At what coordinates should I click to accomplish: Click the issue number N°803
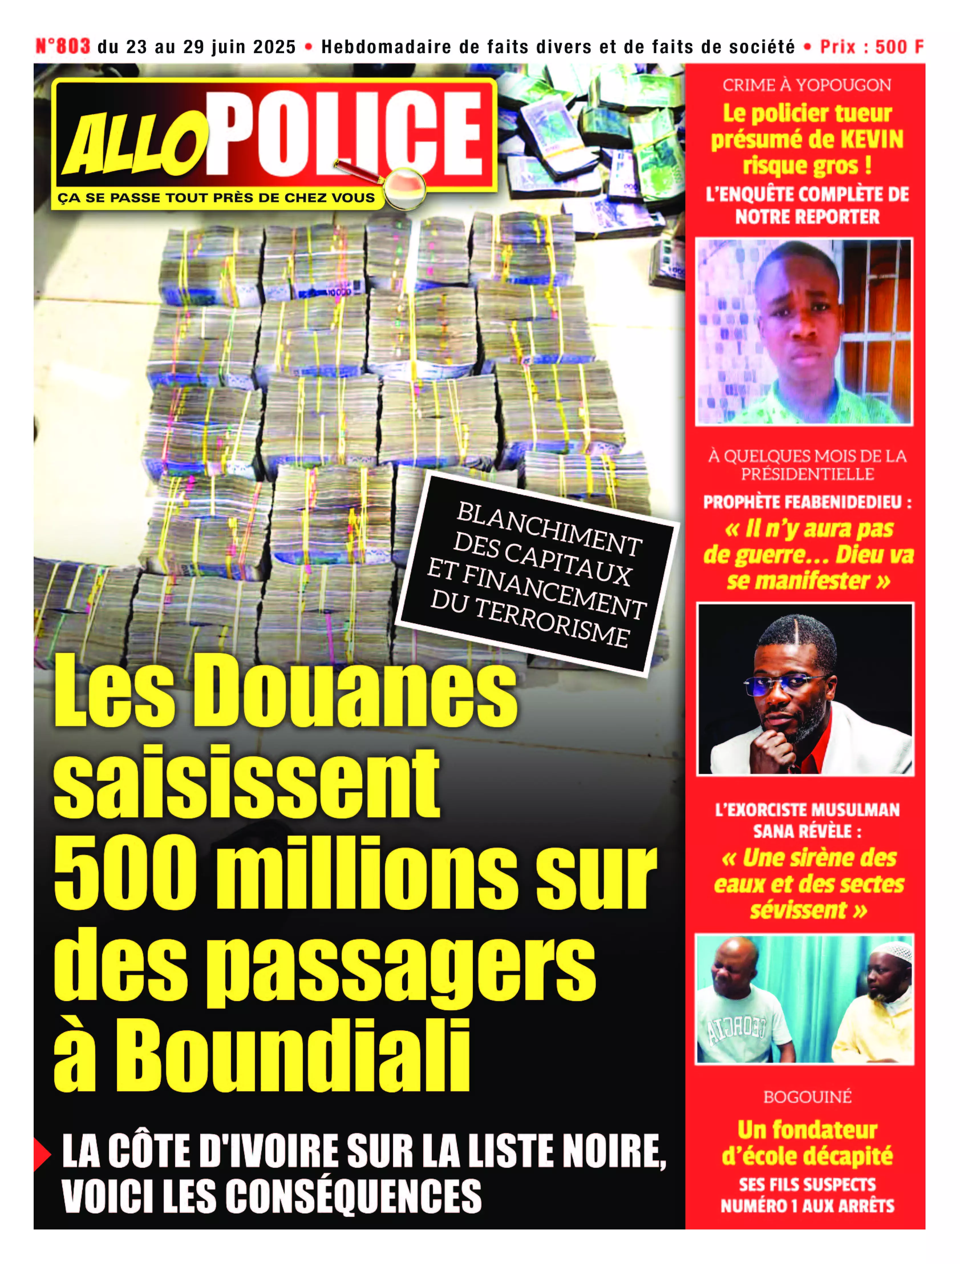(x=63, y=46)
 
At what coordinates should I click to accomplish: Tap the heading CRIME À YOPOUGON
(x=806, y=85)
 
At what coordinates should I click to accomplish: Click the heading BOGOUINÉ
(x=807, y=1097)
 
